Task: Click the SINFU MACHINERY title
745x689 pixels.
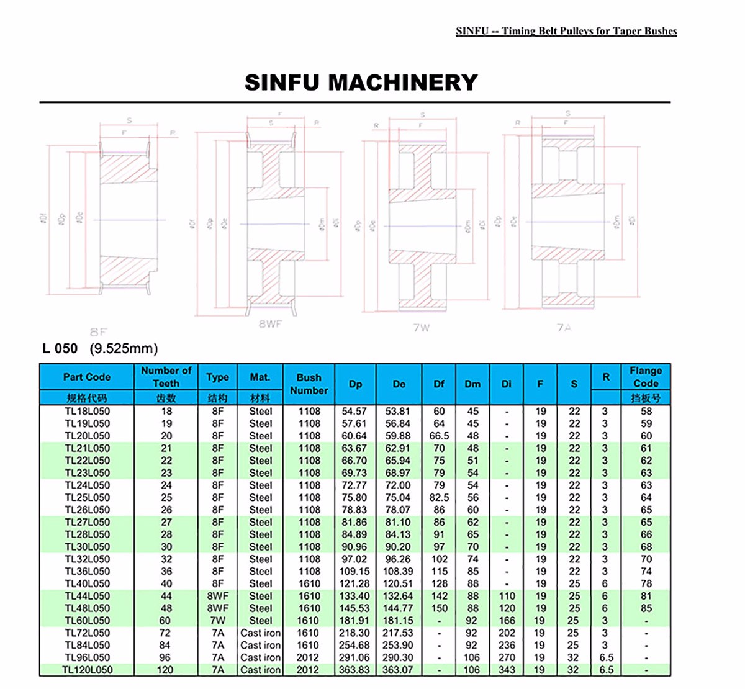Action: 361,83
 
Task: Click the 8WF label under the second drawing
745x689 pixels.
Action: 270,323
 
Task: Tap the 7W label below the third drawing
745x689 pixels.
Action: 422,327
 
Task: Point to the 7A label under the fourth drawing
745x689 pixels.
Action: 564,327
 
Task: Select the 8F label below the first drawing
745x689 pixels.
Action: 98,332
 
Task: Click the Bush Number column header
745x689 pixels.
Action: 309,384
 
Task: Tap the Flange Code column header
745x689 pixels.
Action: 646,377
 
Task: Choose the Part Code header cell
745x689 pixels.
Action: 87,377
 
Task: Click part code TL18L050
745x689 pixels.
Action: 87,411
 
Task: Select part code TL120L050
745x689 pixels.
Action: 87,670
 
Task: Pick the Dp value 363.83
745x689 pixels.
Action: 354,670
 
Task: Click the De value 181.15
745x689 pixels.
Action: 398,621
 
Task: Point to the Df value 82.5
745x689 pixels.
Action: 439,497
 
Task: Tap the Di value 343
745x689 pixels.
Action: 507,670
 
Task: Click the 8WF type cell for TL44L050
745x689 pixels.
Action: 217,596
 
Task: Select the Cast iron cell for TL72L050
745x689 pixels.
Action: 260,633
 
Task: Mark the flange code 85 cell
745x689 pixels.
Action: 646,608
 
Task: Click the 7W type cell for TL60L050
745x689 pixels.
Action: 217,621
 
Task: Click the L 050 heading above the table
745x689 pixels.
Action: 60,348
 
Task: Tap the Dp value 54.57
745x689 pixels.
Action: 354,411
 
